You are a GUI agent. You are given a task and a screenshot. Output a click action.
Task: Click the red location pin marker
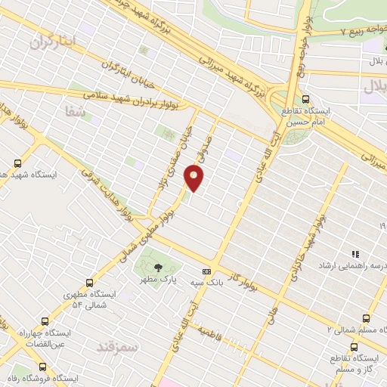pos(195,178)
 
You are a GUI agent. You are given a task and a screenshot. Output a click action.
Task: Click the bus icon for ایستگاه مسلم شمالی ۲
pos(366,318)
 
